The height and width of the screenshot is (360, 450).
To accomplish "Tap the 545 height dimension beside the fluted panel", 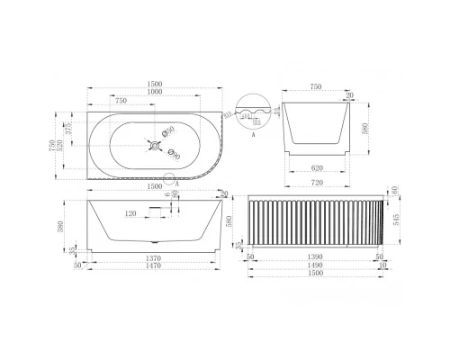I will tap(397, 220).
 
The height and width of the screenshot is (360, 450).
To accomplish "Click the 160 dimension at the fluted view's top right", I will tap(397, 189).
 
